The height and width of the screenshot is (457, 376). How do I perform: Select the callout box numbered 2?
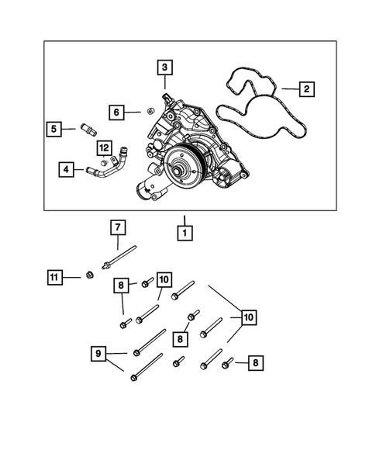click(307, 90)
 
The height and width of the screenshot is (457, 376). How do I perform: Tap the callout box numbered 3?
click(164, 68)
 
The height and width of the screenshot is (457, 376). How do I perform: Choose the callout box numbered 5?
click(53, 129)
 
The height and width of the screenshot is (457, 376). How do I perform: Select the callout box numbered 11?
click(53, 276)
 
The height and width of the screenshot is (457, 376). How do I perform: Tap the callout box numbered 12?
click(103, 147)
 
